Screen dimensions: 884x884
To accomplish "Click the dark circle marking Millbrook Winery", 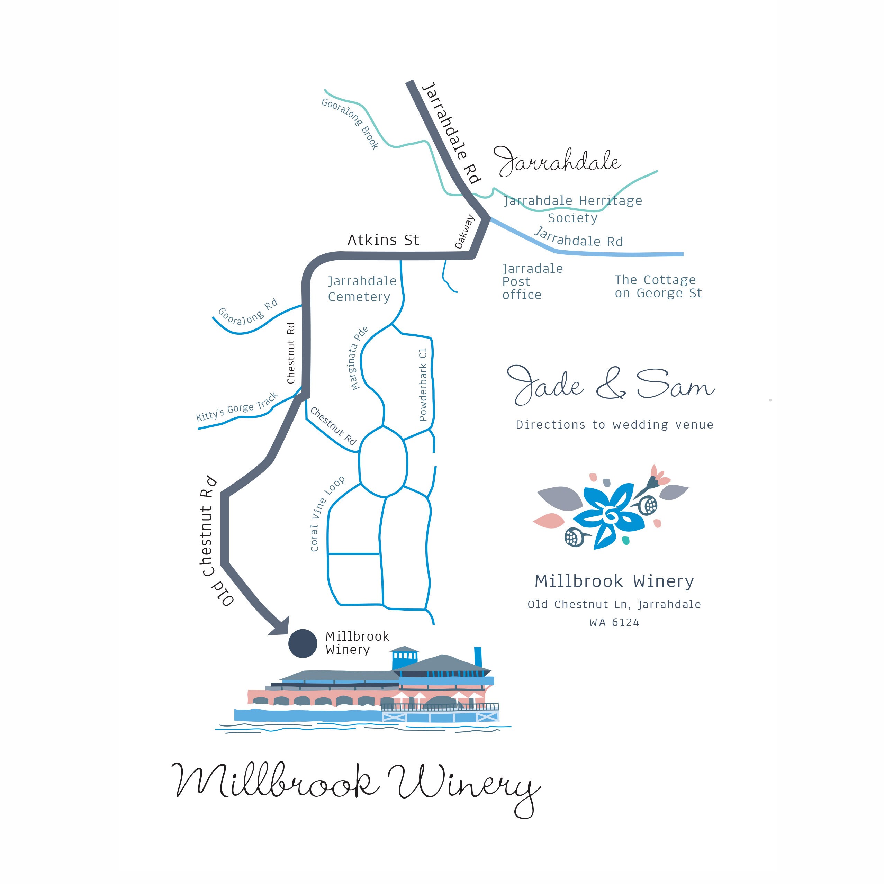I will pos(303,643).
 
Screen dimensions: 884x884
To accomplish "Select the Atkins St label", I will pos(383,240).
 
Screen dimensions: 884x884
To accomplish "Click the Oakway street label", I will pos(464,232).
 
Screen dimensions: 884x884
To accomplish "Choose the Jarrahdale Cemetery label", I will pos(361,289).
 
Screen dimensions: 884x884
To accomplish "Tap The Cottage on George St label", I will pos(658,287).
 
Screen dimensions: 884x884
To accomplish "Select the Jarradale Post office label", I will pos(532,281).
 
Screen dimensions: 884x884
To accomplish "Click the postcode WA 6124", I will pos(614,622).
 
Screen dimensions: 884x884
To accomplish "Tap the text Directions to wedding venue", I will pos(614,425).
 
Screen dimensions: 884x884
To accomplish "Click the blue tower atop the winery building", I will pos(405,658).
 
